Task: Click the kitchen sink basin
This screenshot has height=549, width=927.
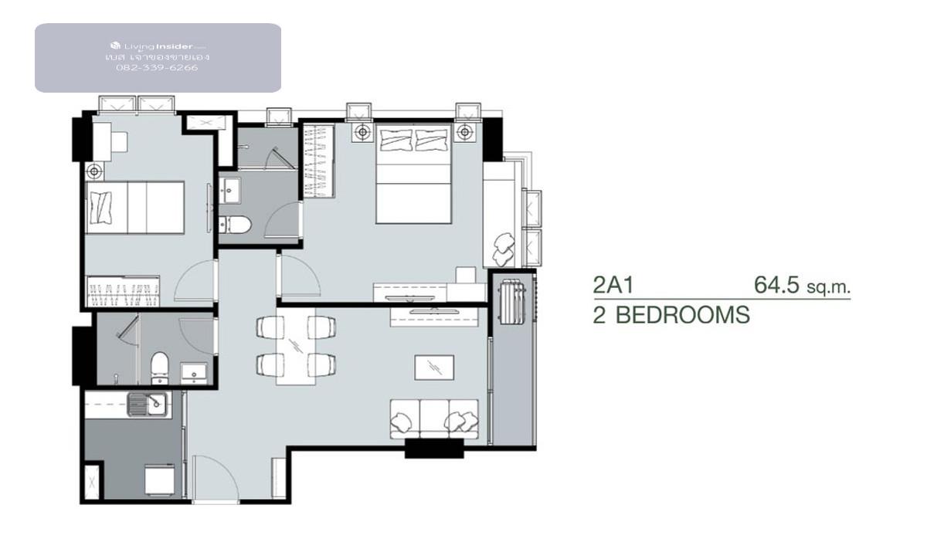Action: coord(148,404)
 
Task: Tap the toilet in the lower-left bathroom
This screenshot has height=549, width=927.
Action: coord(159,368)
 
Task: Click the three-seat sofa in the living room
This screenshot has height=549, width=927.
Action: coord(433,419)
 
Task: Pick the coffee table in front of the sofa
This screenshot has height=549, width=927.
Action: coord(434,368)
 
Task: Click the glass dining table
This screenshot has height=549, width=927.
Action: coord(295,346)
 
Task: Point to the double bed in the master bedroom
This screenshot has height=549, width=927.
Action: coord(413,174)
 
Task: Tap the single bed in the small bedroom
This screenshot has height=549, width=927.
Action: coord(135,207)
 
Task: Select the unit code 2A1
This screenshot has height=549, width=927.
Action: coord(613,285)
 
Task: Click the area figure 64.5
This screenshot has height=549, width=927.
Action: coord(776,285)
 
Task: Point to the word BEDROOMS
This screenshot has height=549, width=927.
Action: coord(682,315)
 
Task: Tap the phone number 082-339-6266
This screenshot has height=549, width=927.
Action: coord(158,68)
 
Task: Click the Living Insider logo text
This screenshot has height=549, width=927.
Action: coord(158,46)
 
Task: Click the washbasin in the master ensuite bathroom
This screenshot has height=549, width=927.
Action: coord(229,190)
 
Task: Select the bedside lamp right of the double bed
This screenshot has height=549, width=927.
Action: coord(465,132)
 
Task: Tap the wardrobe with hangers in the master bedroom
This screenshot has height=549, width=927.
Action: coord(318,161)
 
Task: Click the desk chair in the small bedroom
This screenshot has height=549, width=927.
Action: coord(119,141)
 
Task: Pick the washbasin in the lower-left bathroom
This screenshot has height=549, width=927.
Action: coord(194,373)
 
